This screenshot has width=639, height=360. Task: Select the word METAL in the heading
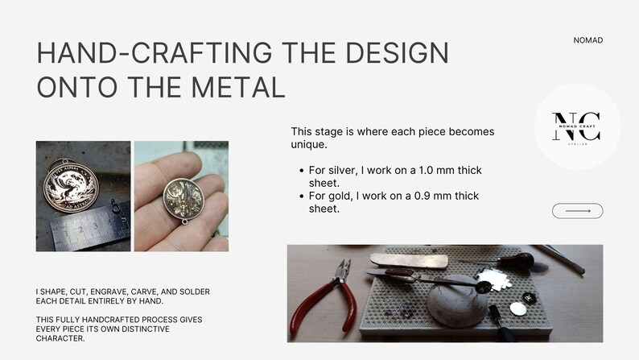[237, 87]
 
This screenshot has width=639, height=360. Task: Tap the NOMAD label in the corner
[587, 40]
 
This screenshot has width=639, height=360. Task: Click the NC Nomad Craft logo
[576, 128]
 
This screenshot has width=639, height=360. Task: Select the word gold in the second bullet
[340, 196]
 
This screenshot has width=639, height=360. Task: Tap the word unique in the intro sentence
[308, 145]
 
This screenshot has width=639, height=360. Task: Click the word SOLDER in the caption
[195, 292]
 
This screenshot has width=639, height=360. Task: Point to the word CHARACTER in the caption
[60, 338]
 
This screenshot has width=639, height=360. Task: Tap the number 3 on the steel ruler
[95, 226]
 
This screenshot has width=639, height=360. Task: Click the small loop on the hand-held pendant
[185, 221]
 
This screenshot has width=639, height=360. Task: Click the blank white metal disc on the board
[517, 308]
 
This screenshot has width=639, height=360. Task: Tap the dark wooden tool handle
[516, 260]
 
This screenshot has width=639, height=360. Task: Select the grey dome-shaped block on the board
[458, 300]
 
